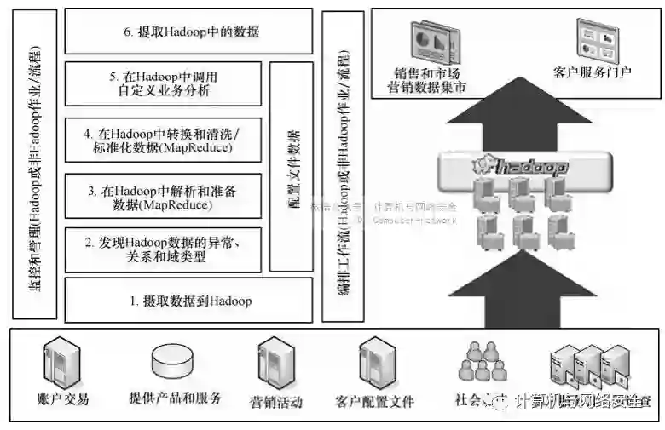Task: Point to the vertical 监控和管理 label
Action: [37, 162]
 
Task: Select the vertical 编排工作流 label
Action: [342, 166]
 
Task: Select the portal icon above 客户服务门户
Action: [594, 38]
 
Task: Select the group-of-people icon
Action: [483, 361]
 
